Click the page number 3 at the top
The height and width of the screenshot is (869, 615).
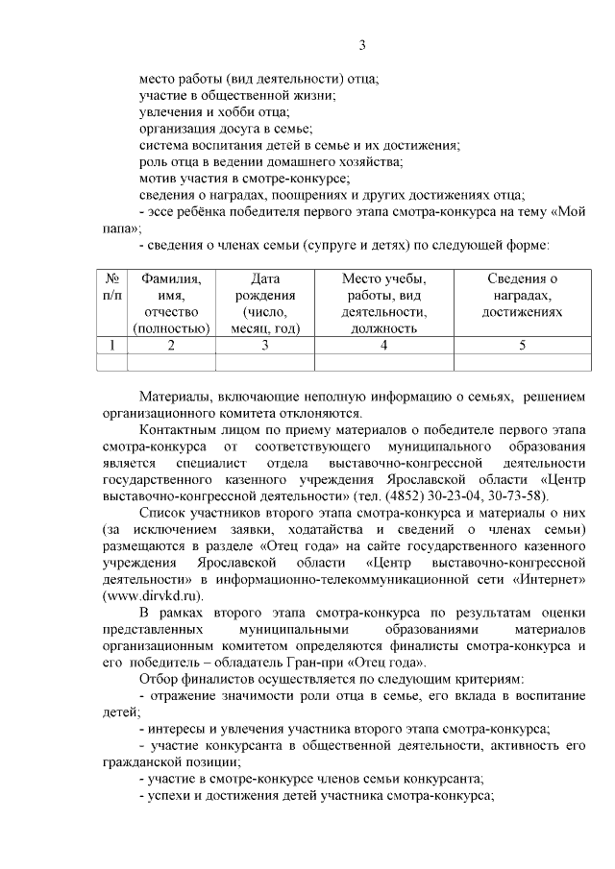click(362, 45)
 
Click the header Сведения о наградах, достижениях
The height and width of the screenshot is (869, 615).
click(522, 295)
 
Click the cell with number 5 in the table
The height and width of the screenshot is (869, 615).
click(522, 346)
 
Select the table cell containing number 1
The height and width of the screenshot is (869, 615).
click(112, 346)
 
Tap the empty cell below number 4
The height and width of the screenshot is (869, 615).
click(383, 362)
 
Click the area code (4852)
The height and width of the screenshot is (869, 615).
click(402, 495)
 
